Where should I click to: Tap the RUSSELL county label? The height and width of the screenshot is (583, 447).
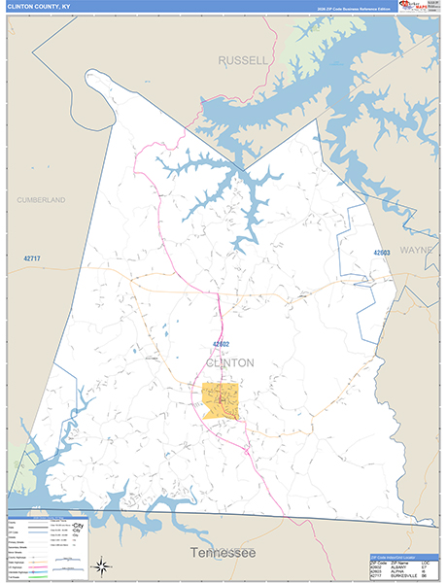[x=242, y=60]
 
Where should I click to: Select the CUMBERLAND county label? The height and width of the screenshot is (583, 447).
[x=41, y=199]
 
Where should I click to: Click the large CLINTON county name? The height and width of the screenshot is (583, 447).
[x=230, y=362]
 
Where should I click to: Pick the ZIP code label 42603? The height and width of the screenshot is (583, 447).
[x=381, y=253]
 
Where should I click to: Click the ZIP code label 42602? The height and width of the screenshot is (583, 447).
[x=219, y=343]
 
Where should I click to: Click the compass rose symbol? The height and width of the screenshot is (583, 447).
[x=101, y=565]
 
